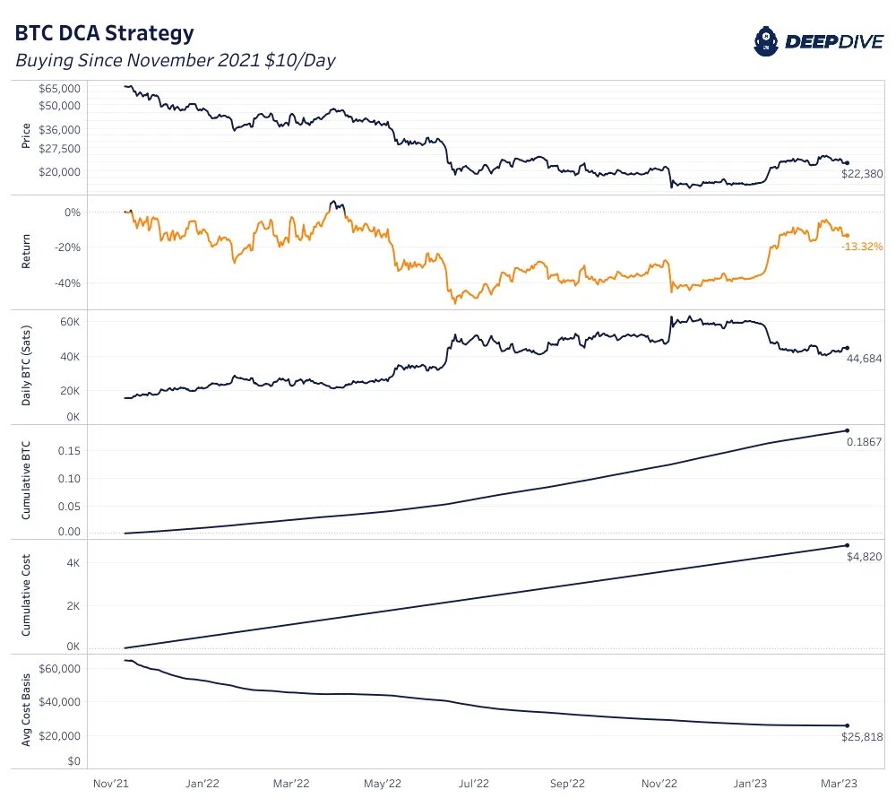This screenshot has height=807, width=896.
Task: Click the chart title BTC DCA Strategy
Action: pos(104,34)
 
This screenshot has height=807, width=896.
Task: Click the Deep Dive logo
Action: pos(816,40)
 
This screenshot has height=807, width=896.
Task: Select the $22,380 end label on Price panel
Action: pos(862,174)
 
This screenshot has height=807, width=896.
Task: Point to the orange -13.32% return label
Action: pos(862,246)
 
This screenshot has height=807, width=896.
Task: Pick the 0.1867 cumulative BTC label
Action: pos(866,441)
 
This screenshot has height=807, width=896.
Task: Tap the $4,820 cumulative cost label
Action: pos(865,556)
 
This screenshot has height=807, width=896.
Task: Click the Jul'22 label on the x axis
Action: pos(475,783)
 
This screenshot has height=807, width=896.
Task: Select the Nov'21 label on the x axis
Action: pos(110,783)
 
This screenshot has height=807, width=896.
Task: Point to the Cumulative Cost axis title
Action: pos(27,596)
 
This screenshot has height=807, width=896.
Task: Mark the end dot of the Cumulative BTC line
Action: pos(847,431)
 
